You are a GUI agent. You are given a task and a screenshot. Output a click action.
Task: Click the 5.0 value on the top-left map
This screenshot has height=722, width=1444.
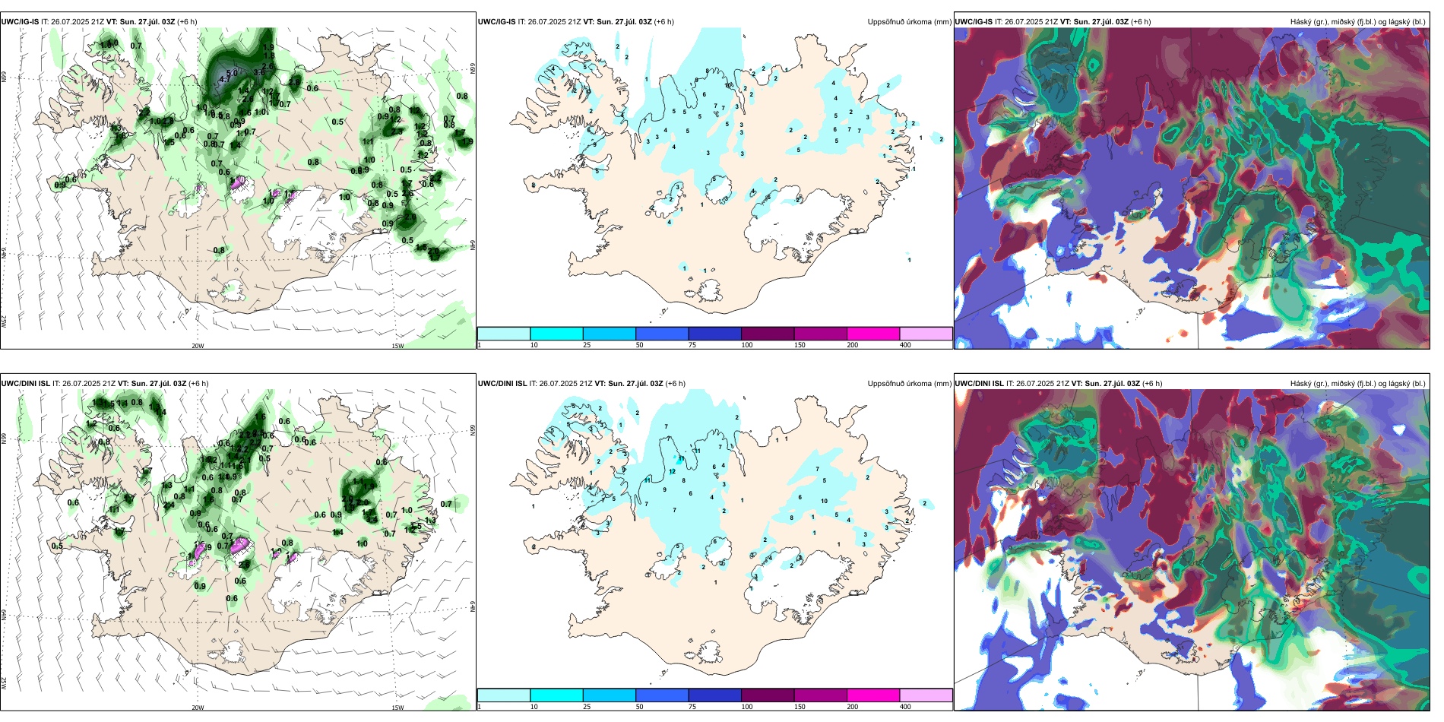click(x=232, y=73)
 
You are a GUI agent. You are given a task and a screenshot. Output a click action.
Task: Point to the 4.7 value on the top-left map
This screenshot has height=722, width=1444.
click(x=224, y=79)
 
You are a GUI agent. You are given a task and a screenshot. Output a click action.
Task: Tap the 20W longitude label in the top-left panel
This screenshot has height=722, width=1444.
click(x=198, y=346)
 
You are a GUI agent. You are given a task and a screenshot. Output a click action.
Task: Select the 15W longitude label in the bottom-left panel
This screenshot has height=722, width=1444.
click(x=397, y=708)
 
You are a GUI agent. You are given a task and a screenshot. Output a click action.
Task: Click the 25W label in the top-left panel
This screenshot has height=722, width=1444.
click(x=4, y=321)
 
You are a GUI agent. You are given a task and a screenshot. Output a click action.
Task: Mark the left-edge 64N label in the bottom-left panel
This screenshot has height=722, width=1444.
click(x=4, y=614)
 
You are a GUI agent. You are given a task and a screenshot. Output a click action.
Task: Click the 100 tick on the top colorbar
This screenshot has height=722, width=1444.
click(x=747, y=345)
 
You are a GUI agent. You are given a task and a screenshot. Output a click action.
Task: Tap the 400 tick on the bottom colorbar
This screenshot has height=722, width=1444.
click(x=905, y=707)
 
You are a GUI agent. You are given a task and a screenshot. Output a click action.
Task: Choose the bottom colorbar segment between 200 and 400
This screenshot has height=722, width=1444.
click(x=925, y=695)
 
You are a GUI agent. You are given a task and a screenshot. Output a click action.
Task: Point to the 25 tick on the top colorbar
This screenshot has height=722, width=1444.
click(x=587, y=345)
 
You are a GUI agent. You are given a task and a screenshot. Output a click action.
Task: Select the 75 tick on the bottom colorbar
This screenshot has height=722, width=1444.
click(x=692, y=707)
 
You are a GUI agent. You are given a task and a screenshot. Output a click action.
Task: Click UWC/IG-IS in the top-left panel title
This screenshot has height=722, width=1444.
click(x=20, y=22)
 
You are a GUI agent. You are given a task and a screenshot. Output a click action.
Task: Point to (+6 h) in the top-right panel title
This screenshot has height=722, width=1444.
click(x=1141, y=22)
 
